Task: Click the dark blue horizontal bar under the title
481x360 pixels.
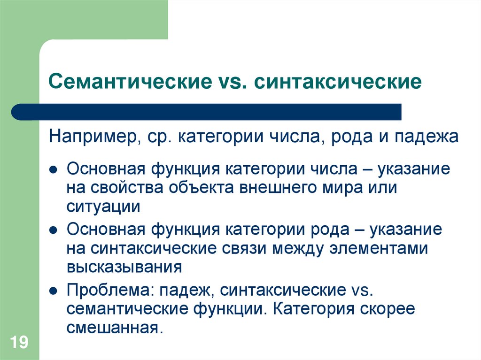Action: pos(207,112)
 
